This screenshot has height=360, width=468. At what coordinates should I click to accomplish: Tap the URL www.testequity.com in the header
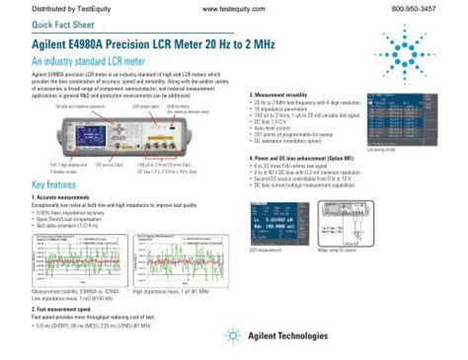[x=234, y=9]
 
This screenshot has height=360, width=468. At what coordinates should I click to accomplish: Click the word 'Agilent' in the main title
[x=57, y=45]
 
